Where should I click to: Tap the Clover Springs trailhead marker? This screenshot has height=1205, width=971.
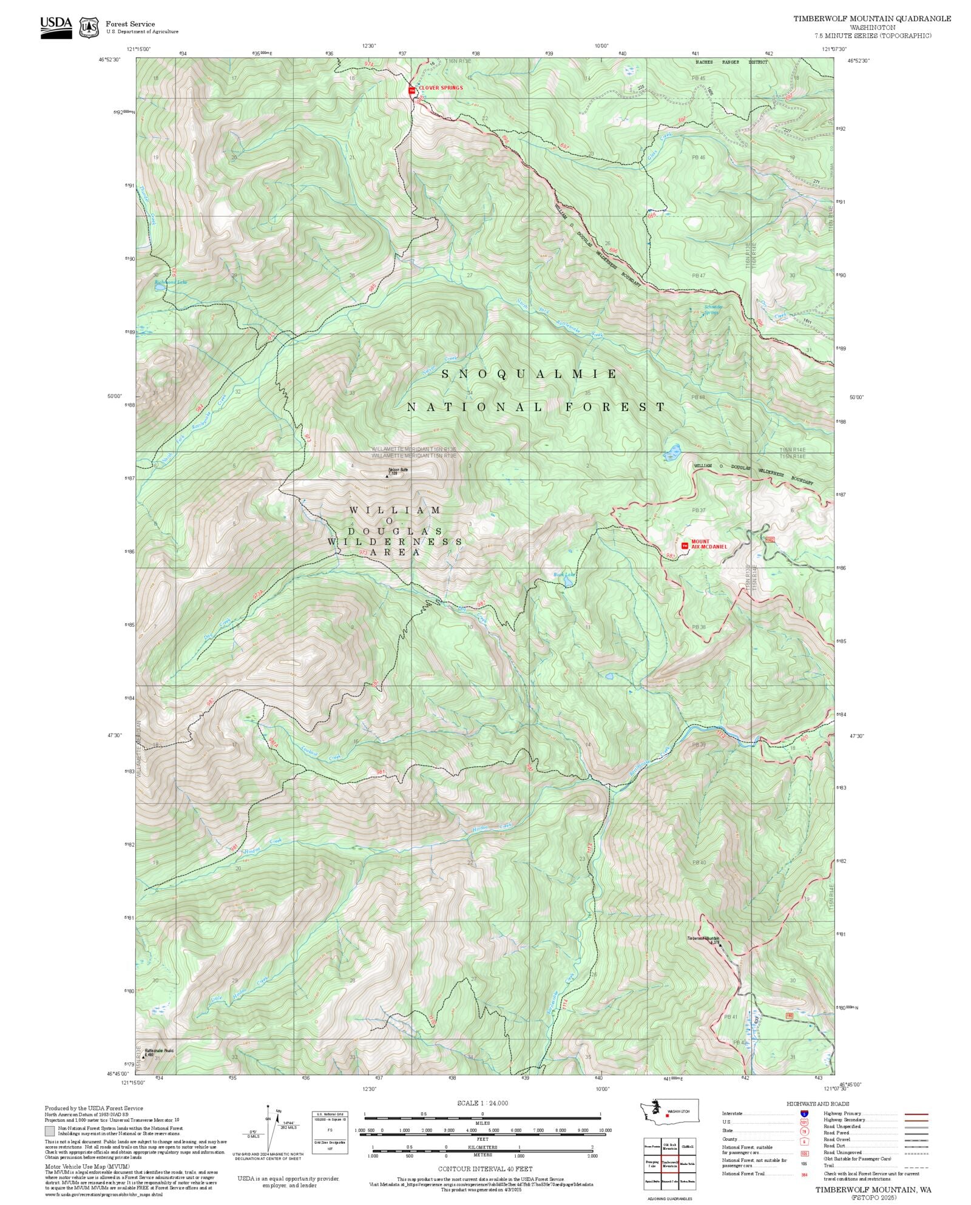tap(412, 90)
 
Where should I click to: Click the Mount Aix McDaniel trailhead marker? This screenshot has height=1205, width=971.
tap(685, 545)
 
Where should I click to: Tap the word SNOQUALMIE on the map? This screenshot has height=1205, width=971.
tap(529, 374)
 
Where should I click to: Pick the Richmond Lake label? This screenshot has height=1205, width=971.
tap(167, 283)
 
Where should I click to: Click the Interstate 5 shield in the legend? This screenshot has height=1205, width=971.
tap(804, 1113)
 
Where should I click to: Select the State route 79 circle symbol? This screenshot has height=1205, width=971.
tap(804, 1130)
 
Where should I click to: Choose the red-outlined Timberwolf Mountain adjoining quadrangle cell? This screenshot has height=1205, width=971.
tap(669, 1163)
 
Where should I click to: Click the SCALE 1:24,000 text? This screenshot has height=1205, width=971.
tap(482, 1102)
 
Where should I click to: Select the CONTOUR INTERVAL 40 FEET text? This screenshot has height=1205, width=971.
tap(485, 1168)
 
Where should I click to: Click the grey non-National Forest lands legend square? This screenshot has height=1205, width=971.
tap(50, 1130)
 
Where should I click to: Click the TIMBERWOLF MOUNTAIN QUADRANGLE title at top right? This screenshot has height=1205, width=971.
tap(871, 19)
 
